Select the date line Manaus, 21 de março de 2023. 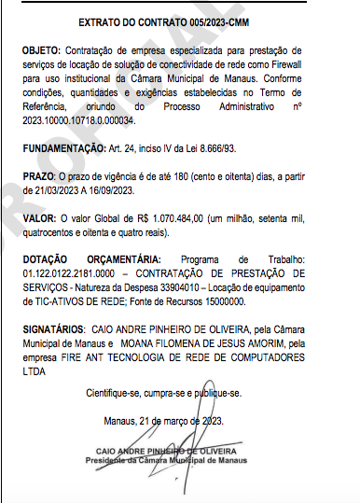[x=173, y=422]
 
